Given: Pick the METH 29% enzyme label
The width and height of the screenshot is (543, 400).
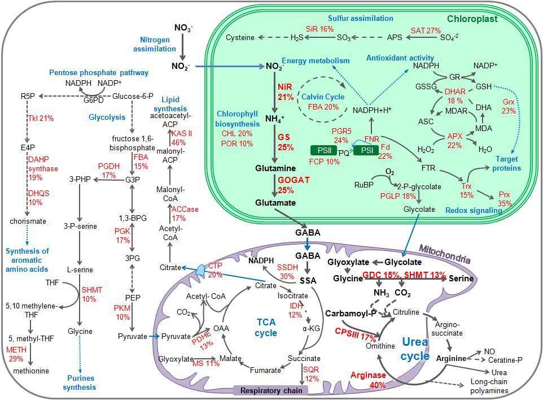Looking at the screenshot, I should click(16, 355).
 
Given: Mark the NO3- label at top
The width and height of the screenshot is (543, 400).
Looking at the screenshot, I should click(182, 27).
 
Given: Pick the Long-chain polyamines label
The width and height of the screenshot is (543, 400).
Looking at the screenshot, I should click(511, 389).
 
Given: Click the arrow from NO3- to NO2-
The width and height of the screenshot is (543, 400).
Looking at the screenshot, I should click(182, 48).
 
